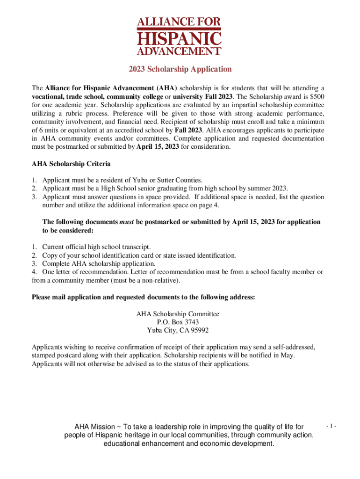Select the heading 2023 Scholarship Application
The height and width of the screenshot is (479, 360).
click(180, 69)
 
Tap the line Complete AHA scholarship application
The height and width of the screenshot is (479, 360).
click(99, 264)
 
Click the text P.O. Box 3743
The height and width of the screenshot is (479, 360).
click(180, 322)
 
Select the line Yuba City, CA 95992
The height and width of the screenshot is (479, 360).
click(180, 330)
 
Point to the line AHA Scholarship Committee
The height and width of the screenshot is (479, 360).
click(180, 314)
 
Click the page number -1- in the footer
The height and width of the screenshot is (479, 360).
click(331, 427)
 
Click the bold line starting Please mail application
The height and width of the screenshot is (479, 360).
click(143, 297)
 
